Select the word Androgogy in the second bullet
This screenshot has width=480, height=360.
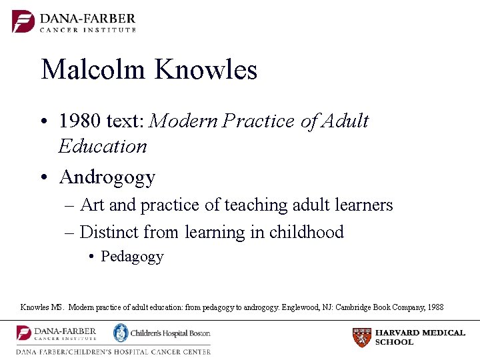[x=107, y=177]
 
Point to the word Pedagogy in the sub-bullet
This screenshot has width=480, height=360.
[x=132, y=257]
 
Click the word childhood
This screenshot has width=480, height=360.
[x=306, y=232]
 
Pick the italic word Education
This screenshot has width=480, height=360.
[x=102, y=146]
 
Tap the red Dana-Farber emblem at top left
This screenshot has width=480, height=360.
[x=23, y=21]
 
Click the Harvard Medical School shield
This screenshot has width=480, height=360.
[x=361, y=337]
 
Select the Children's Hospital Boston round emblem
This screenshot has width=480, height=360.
[x=120, y=333]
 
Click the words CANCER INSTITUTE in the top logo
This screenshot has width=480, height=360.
[x=88, y=30]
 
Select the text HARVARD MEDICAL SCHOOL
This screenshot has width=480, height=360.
[x=420, y=337]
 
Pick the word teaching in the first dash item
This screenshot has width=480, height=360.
[x=253, y=205]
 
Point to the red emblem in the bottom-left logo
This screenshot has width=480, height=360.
[x=24, y=333]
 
